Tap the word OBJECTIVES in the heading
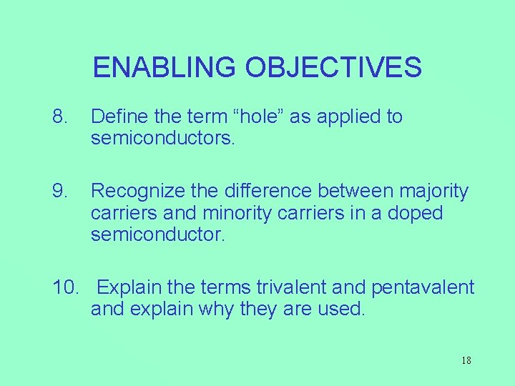point(333,67)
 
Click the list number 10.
point(66,287)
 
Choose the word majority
point(433,192)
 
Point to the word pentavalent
point(423,287)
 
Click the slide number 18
point(466,360)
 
